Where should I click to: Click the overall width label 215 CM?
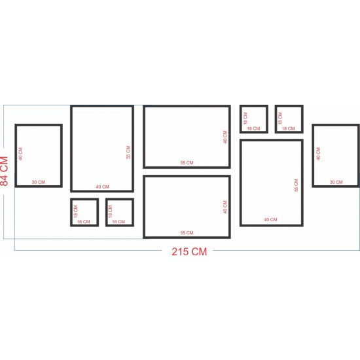[x=189, y=251]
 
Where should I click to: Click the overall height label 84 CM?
[x=5, y=171]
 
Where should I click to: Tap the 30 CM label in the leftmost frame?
[x=39, y=182]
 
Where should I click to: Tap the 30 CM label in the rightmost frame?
[x=336, y=182]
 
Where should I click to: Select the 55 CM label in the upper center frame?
[x=187, y=163]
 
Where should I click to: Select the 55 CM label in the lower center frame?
[x=187, y=233]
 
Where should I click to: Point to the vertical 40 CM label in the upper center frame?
[x=225, y=137]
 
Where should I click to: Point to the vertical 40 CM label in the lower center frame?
[x=225, y=207]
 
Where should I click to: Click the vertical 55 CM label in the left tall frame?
[x=128, y=153]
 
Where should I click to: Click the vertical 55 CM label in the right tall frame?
[x=296, y=185]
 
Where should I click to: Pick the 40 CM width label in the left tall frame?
[x=102, y=187]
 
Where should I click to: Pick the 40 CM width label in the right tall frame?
[x=270, y=220]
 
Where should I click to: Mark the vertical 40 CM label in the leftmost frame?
[x=21, y=154]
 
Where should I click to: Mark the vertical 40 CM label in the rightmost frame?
[x=318, y=154]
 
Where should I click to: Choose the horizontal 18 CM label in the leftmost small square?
[x=83, y=222]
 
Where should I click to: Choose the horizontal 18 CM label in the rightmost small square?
[x=289, y=128]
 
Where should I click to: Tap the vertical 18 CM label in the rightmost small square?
[x=280, y=118]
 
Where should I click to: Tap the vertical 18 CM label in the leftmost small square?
[x=76, y=211]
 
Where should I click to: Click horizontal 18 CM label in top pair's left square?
[x=253, y=128]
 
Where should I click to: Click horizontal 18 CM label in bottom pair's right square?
[x=118, y=222]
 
